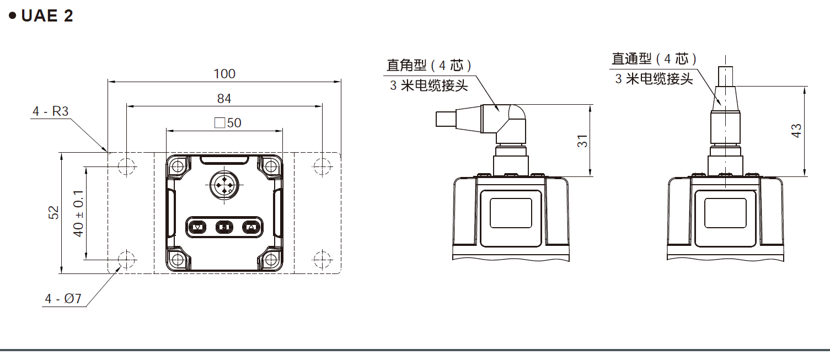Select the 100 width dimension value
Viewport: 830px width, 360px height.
(224, 73)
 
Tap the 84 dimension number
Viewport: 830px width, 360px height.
(224, 99)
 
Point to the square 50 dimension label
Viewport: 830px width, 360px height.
(228, 122)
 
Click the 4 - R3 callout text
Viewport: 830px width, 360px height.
(50, 111)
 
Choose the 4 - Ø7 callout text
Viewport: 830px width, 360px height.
(63, 299)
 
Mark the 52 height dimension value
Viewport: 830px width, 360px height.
(53, 212)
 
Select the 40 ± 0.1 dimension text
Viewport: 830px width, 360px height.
(78, 213)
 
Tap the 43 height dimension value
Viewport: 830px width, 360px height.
(796, 131)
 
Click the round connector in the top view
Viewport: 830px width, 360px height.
(224, 185)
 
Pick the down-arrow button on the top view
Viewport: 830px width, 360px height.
(198, 227)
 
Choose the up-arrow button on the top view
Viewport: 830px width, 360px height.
(250, 227)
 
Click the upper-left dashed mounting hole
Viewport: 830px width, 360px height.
(126, 165)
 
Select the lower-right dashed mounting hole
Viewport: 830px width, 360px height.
(322, 258)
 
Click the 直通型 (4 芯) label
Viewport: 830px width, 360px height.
(655, 58)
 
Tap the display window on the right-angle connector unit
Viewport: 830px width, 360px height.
(510, 214)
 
